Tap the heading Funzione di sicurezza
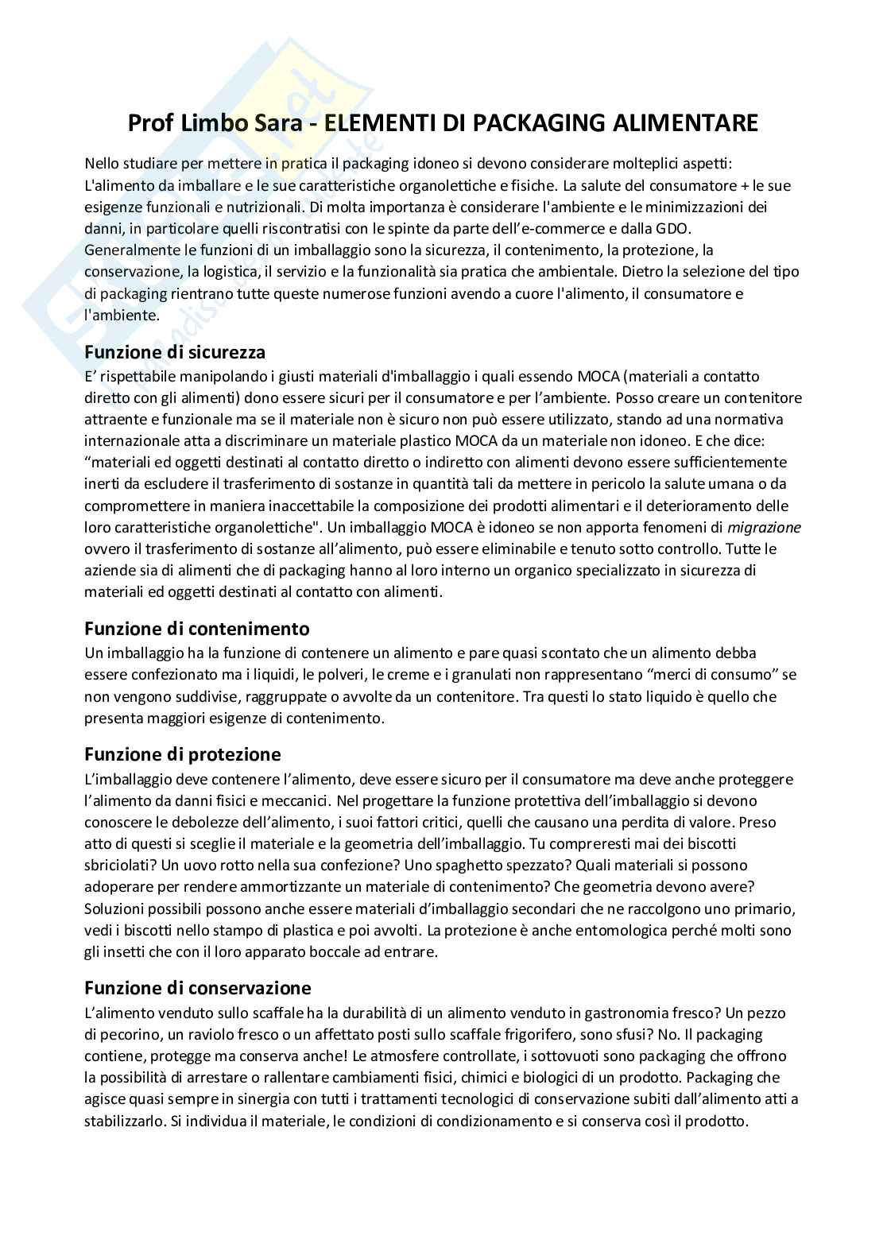point(175,351)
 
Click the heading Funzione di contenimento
point(196,629)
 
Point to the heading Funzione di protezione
point(183,753)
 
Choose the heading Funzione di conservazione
point(197,988)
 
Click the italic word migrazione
point(764,527)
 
